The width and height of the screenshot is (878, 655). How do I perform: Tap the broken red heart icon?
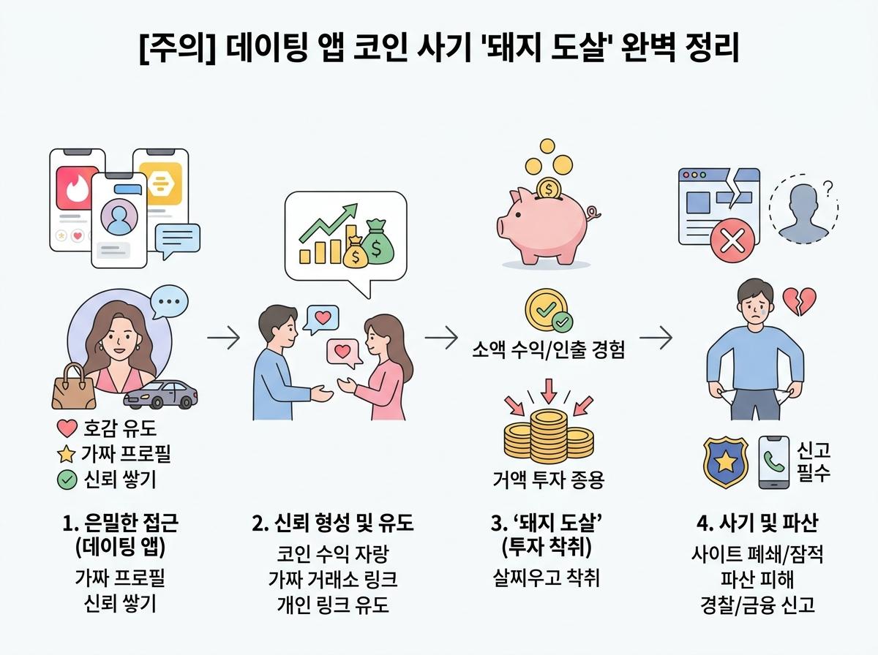tap(799, 301)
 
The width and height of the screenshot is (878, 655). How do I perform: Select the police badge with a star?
tap(726, 462)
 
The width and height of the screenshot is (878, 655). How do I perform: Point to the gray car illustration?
tap(160, 394)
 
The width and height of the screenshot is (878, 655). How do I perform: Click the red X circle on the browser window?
tap(732, 241)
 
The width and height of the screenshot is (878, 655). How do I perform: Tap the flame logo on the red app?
tap(78, 188)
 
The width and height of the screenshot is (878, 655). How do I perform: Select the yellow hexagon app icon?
tap(165, 183)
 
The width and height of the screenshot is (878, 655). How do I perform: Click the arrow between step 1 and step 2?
tap(224, 338)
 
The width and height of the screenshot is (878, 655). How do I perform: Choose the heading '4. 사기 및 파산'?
tap(757, 523)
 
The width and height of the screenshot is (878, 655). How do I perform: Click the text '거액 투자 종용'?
tap(549, 480)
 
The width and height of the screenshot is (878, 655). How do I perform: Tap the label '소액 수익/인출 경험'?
tap(548, 349)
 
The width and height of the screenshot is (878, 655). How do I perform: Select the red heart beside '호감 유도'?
tap(67, 428)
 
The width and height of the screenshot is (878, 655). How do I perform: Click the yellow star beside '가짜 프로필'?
tap(67, 455)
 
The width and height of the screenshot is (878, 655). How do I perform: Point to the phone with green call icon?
tap(774, 462)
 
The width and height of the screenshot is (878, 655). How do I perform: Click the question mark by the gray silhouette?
tap(828, 189)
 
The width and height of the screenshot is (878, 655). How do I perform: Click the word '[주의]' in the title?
tap(177, 48)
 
